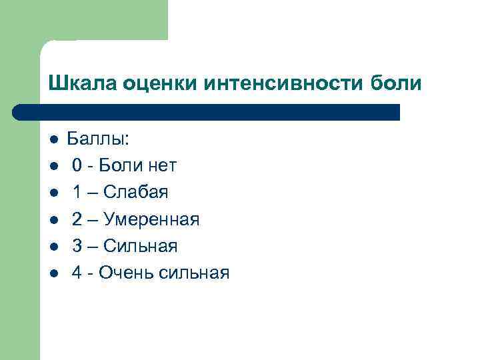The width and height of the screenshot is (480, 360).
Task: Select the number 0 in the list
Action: click(77, 166)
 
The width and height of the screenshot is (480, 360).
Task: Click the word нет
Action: click(161, 166)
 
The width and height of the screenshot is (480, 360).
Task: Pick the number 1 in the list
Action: click(77, 193)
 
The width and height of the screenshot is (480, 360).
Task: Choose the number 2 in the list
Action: click(77, 219)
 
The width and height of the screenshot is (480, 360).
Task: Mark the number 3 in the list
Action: click(77, 246)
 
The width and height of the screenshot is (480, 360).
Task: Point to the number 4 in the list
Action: click(77, 273)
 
